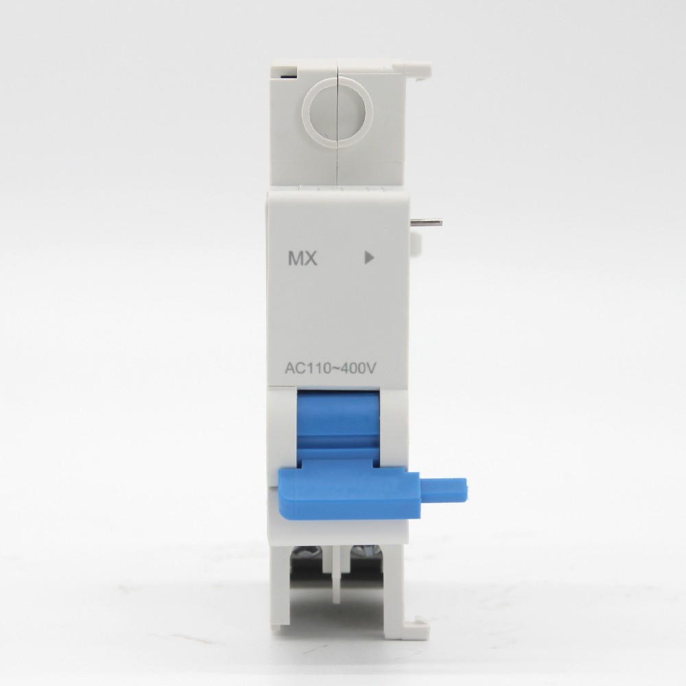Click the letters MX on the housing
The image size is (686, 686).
click(x=303, y=259)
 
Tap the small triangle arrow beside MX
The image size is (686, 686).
click(x=369, y=258)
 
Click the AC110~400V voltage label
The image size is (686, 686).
click(x=331, y=369)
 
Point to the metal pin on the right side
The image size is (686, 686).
click(x=426, y=222)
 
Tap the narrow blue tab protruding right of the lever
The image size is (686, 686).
click(x=442, y=489)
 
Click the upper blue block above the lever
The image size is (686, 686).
click(x=338, y=420)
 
